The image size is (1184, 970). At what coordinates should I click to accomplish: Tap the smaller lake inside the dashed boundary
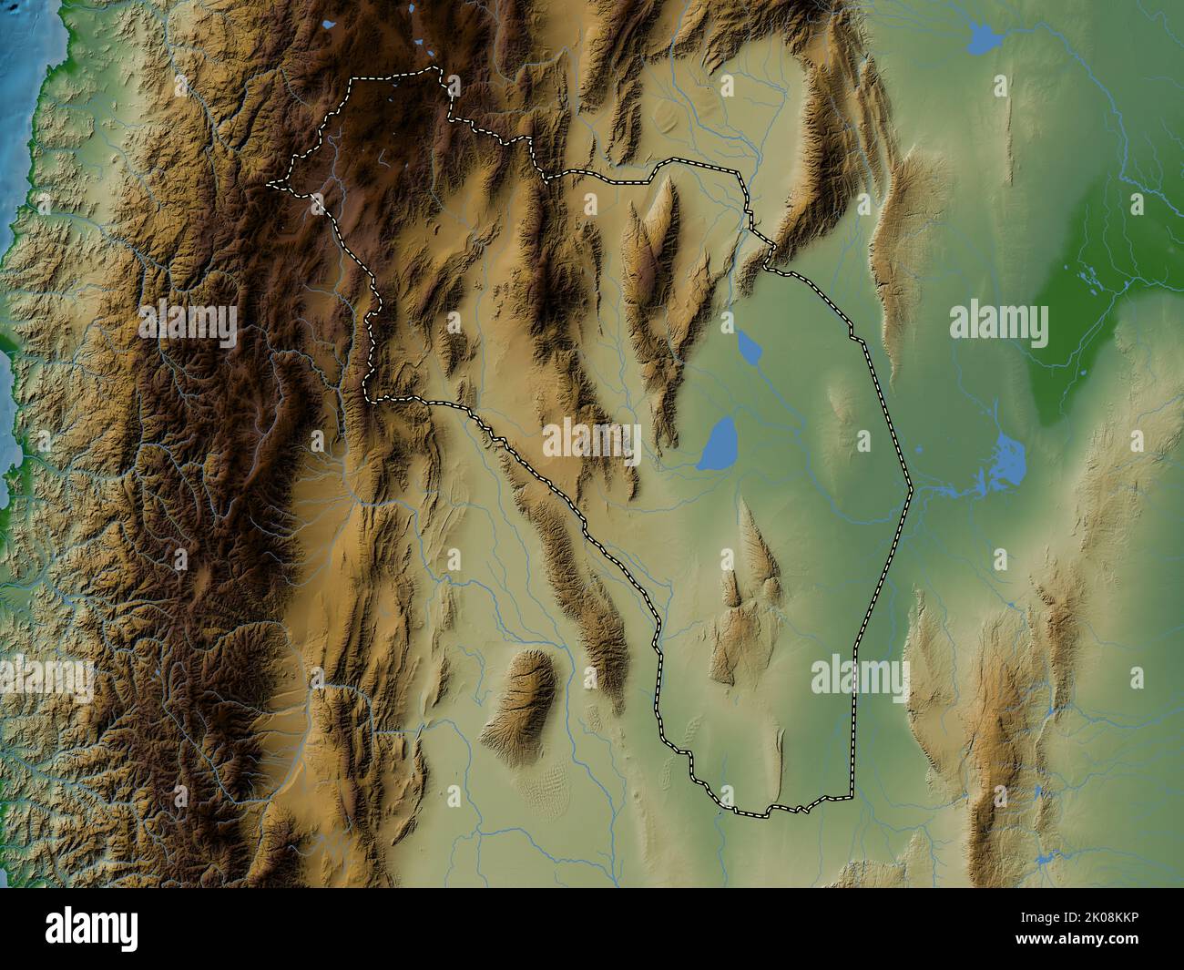(x=748, y=346)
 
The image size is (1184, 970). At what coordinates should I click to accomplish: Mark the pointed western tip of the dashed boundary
(x=269, y=185)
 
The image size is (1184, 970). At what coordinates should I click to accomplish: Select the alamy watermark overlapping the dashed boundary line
(x=859, y=676)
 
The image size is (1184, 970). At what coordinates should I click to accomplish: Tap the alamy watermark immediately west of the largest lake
(x=592, y=440)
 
